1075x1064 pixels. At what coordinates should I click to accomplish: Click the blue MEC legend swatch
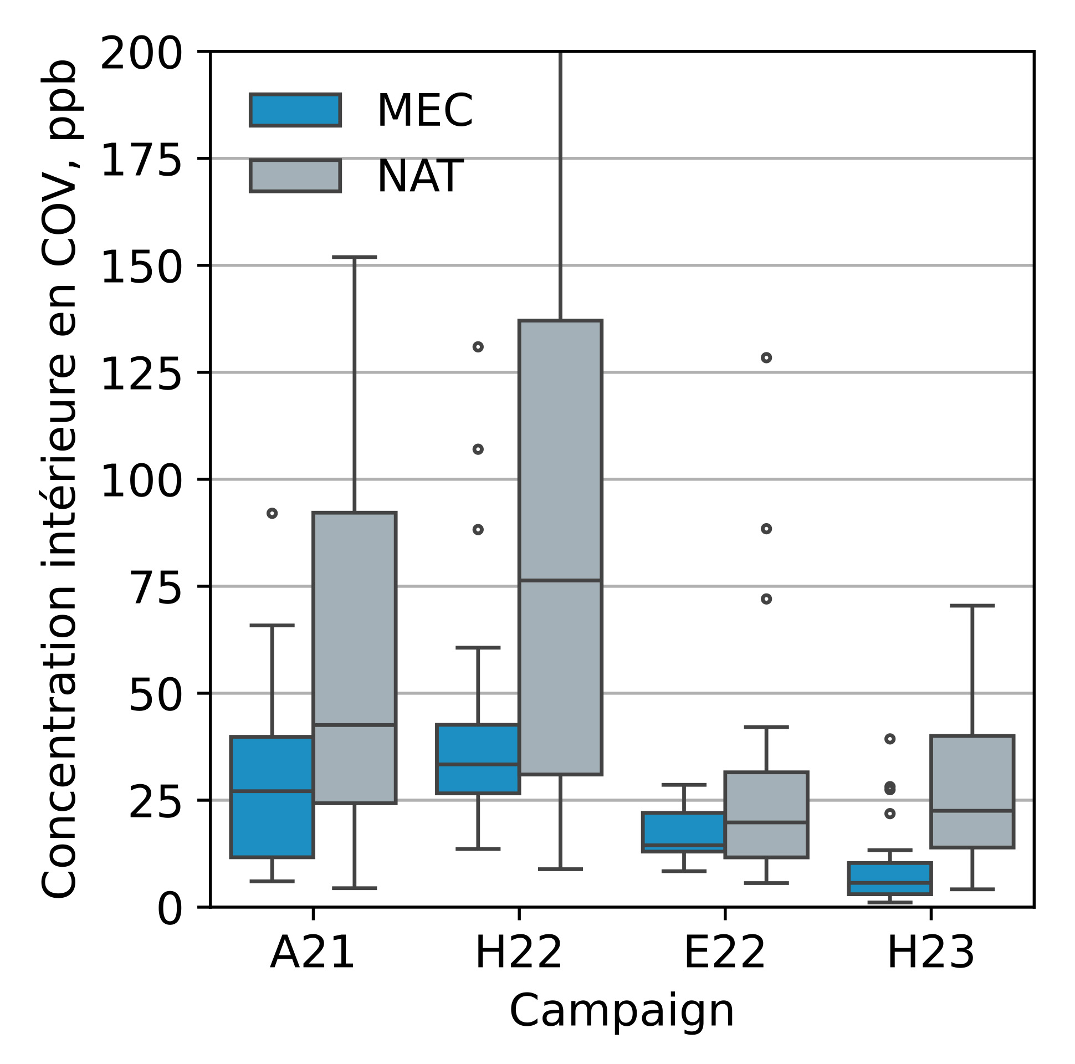coord(295,110)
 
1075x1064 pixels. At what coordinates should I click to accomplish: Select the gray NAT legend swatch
coord(295,176)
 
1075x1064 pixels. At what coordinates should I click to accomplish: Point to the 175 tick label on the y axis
coord(141,161)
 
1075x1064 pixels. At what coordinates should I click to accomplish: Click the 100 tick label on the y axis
coord(141,482)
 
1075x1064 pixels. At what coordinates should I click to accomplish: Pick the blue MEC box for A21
coord(272,797)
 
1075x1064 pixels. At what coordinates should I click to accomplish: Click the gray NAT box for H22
coord(560,548)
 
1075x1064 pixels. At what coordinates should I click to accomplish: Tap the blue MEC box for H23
coord(890,879)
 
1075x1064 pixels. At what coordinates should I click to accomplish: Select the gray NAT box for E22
coord(766,815)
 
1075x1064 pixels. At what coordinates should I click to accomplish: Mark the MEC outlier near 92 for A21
coord(272,513)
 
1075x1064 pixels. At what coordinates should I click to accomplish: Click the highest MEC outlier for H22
coord(478,347)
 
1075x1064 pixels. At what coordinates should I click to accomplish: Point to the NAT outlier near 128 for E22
coord(766,358)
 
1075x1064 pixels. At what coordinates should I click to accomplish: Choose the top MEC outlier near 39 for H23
coord(890,739)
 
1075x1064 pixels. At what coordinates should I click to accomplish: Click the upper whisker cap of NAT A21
coord(355,257)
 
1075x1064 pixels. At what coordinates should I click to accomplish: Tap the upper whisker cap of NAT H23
coord(972,606)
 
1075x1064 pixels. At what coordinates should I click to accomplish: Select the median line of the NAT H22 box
coord(560,580)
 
